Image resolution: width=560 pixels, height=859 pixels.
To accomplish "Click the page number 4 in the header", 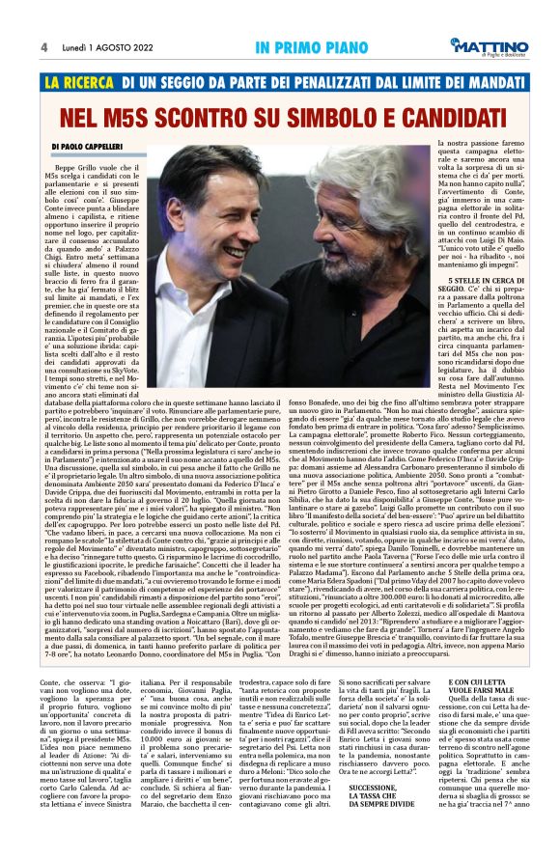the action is pos(44,46).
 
